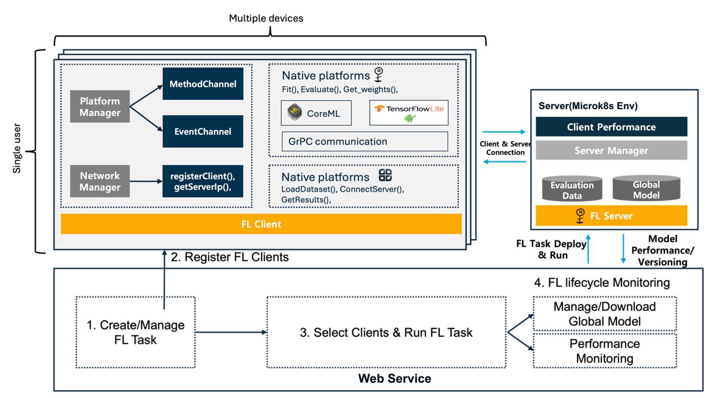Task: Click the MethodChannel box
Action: pos(203,84)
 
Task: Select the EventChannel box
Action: pos(203,131)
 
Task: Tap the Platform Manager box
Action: pos(100,106)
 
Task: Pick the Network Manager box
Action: pos(100,181)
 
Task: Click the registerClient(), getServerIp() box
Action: pos(203,181)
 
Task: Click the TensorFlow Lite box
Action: pos(409,113)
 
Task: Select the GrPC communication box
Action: pos(365,141)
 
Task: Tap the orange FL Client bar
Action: pos(261,224)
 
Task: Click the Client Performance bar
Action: pos(611,127)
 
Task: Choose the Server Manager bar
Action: pos(611,150)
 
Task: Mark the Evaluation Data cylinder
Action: pos(572,189)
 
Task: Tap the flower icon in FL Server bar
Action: pos(580,216)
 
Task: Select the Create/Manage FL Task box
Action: pos(135,332)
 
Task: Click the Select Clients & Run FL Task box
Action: pos(386,332)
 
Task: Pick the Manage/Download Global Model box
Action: pos(605,314)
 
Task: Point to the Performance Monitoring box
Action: pos(605,351)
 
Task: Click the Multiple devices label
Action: pos(266,18)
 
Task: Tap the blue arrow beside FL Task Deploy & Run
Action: pos(588,249)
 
